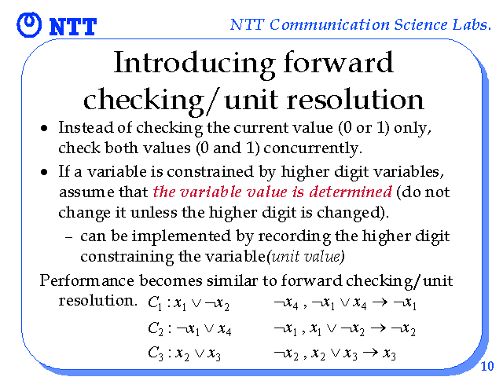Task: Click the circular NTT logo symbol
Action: (29, 24)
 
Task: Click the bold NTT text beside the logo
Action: (73, 27)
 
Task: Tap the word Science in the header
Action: (420, 24)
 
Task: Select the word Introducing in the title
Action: (194, 63)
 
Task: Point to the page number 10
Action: (487, 366)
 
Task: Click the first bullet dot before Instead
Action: (44, 129)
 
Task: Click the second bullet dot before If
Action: (44, 172)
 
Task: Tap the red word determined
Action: (351, 192)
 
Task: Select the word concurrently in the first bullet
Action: (313, 148)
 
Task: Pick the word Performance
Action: (86, 280)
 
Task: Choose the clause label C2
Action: (156, 328)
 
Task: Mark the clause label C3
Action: (156, 353)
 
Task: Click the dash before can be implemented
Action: (68, 237)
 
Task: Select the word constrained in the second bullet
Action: (210, 171)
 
